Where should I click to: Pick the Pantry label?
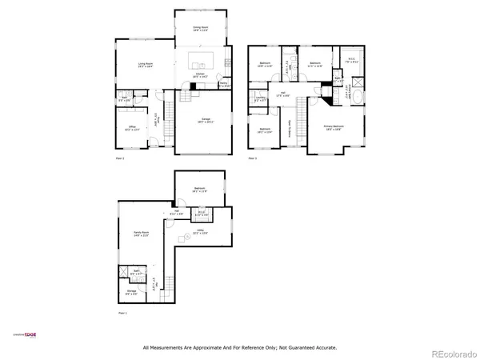coord(225,84)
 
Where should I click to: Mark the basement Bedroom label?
coord(199,190)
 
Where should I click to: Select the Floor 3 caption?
coord(252,158)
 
